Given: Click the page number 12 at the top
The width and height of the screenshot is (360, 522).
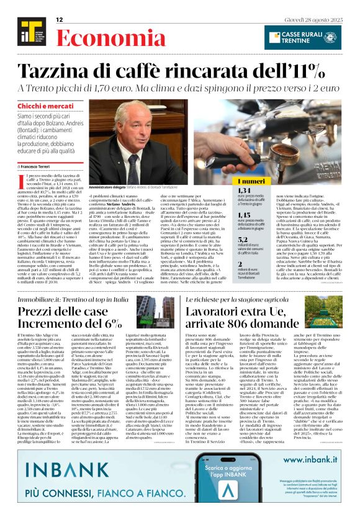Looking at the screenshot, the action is [60, 20].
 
